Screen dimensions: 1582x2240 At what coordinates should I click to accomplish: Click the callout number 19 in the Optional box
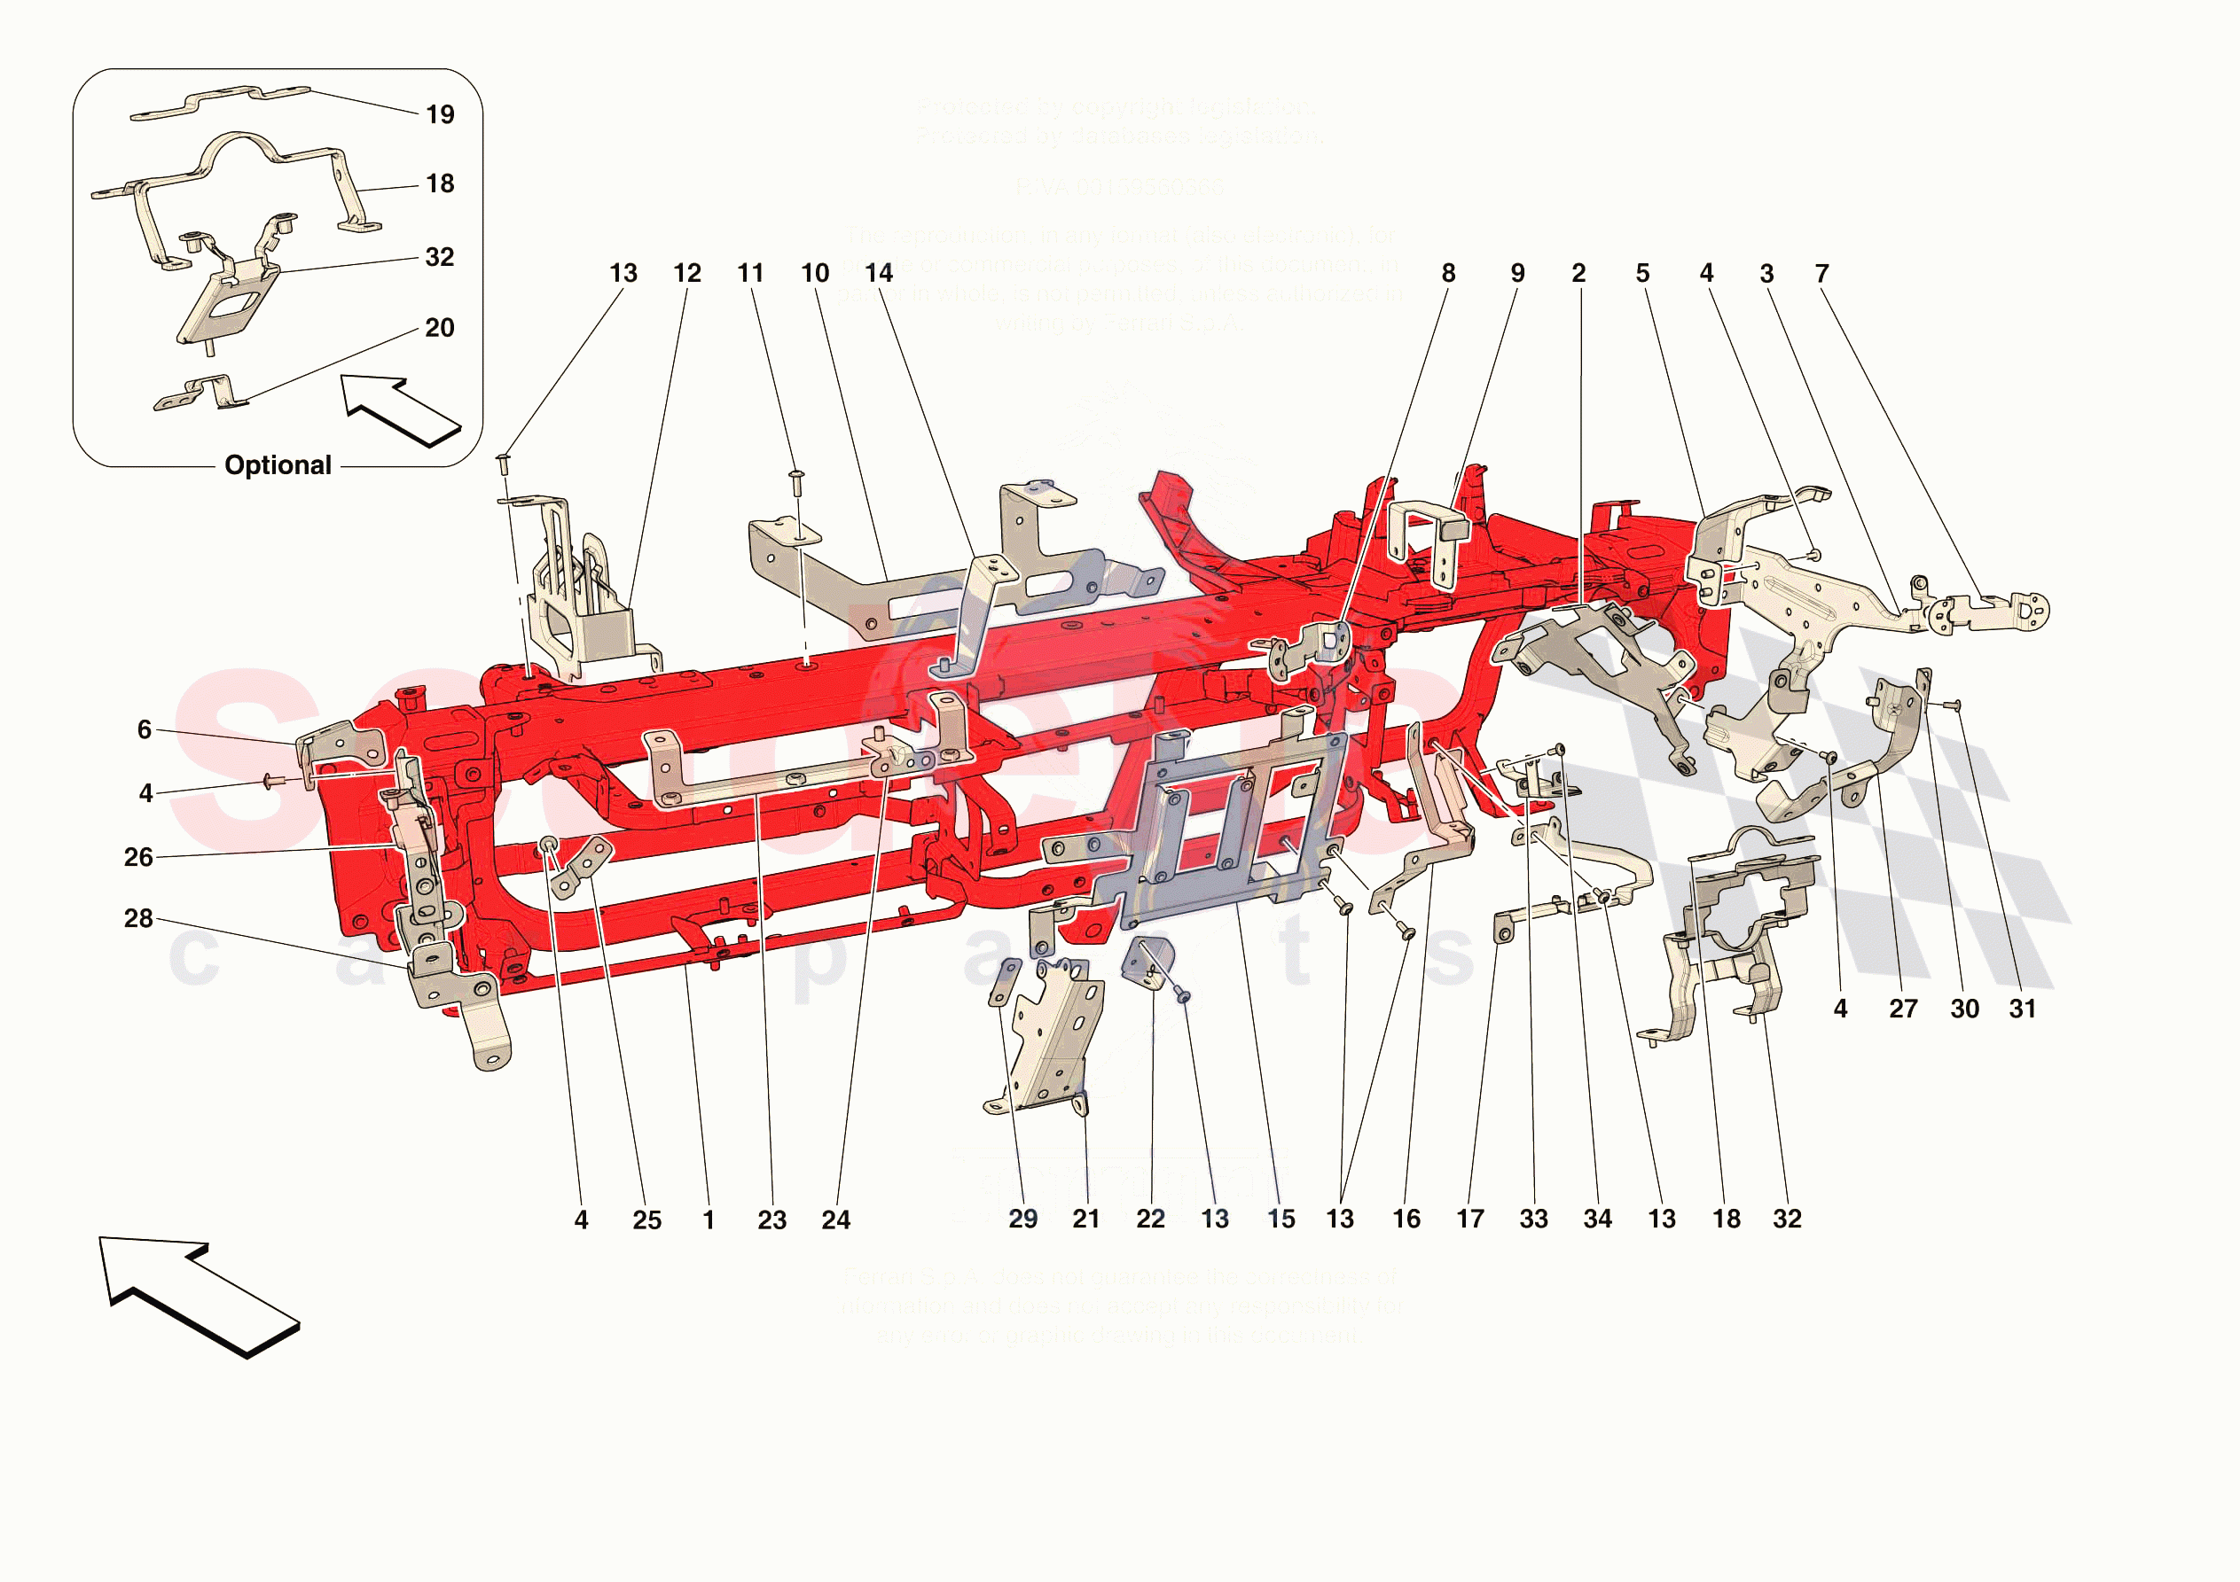point(440,115)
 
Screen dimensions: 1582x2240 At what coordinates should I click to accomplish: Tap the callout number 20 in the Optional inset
point(439,328)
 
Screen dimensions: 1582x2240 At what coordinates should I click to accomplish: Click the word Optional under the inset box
point(278,465)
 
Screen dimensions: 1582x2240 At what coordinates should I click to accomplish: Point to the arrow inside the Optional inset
point(399,410)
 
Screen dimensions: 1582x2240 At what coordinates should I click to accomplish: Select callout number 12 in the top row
point(687,273)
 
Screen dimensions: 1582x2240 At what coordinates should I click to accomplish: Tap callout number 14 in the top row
point(878,273)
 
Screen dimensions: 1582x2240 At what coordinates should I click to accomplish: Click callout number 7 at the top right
point(1821,274)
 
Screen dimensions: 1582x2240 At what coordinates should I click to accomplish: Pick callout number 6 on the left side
point(145,729)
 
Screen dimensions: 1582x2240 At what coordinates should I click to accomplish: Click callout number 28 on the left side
point(138,918)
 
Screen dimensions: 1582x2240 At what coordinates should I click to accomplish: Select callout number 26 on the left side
point(138,857)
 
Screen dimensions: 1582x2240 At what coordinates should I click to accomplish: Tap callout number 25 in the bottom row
point(646,1220)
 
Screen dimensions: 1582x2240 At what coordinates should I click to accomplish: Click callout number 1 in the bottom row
point(709,1220)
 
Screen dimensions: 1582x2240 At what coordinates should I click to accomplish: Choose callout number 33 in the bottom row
point(1533,1220)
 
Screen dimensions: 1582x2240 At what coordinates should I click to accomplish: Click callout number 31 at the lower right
point(2023,1009)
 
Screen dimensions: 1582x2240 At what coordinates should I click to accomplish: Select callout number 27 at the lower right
point(1902,1009)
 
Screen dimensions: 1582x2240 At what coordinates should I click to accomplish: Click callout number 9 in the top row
point(1517,274)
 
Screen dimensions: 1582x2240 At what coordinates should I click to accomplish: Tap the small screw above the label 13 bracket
point(505,463)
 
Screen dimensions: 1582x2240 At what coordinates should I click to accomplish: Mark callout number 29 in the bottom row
point(1022,1220)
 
